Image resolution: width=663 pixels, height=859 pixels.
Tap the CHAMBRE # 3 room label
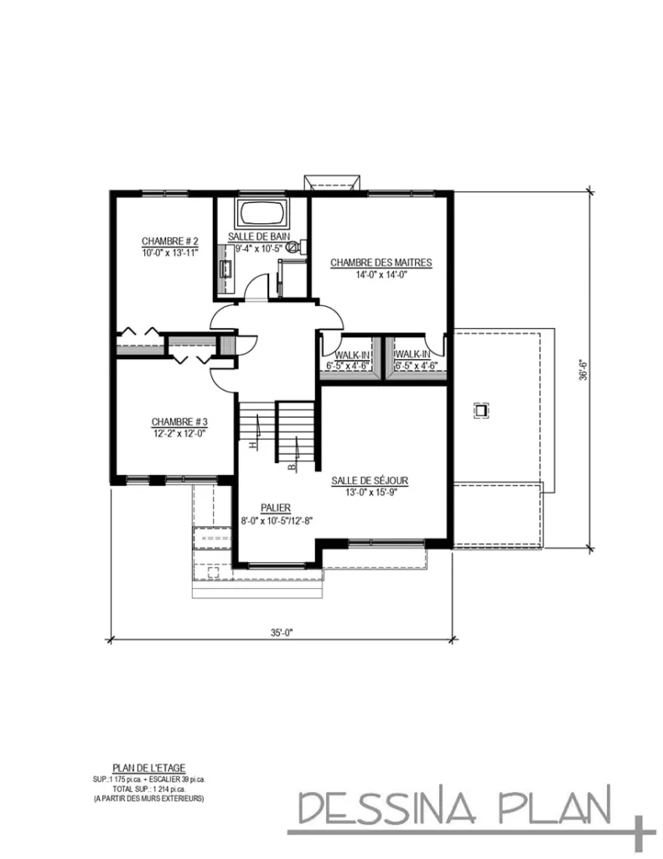pos(179,421)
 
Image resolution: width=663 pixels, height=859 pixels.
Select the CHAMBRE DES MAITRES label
pos(381,263)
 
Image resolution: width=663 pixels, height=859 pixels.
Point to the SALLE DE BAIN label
pos(261,237)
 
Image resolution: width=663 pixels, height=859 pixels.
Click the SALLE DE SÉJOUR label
pos(369,480)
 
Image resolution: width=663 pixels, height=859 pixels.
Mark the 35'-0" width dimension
pos(282,633)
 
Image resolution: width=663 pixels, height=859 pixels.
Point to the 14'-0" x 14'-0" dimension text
pos(381,273)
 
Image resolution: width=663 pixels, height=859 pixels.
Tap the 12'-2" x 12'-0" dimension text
pos(179,433)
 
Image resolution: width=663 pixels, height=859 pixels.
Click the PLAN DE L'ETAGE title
pos(148,766)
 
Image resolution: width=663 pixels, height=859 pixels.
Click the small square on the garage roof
pos(482,410)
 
